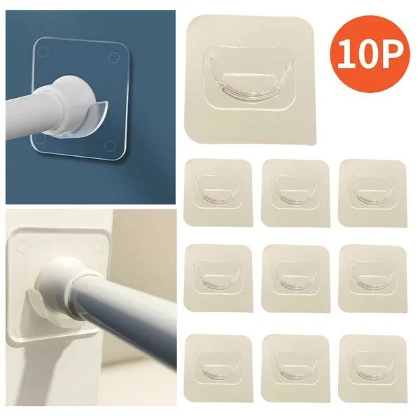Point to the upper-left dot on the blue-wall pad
pos(43,51)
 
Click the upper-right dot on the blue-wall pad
pos(113,57)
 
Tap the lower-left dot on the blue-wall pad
pos(41,138)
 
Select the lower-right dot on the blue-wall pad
pos(110,146)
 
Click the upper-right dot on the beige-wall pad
pos(100,244)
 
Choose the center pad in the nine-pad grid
pos(295,278)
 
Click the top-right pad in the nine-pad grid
pos(372,193)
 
